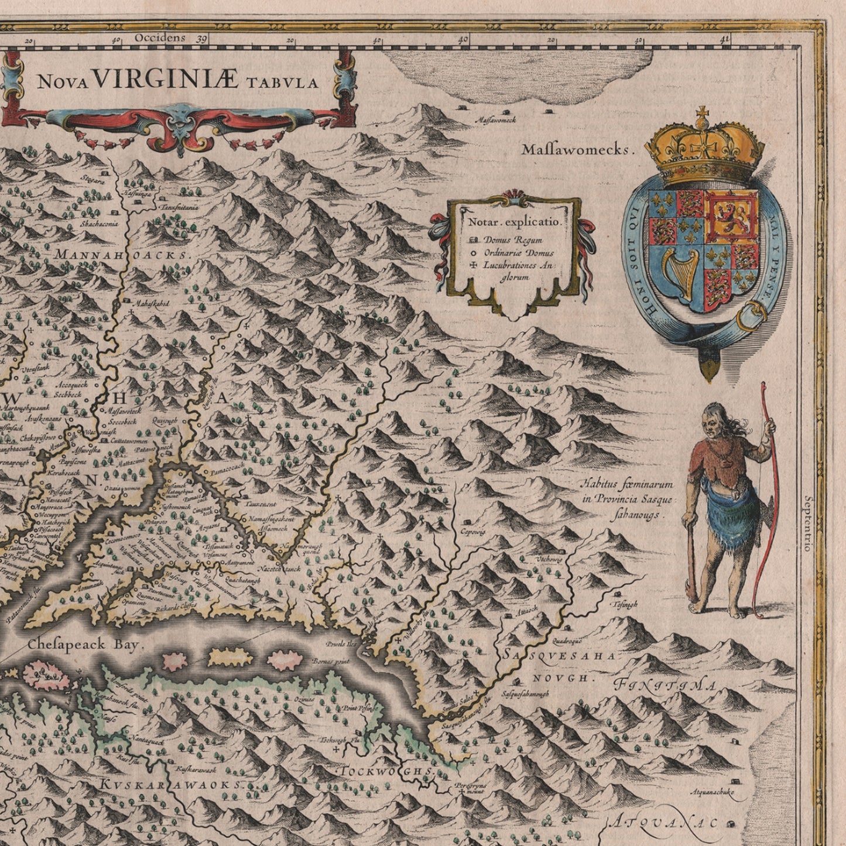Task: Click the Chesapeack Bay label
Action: [x=85, y=645]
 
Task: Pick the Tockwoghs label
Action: [x=387, y=772]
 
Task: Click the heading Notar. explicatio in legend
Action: [x=514, y=222]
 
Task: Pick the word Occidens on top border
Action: [x=159, y=38]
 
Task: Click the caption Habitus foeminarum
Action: [x=627, y=485]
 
